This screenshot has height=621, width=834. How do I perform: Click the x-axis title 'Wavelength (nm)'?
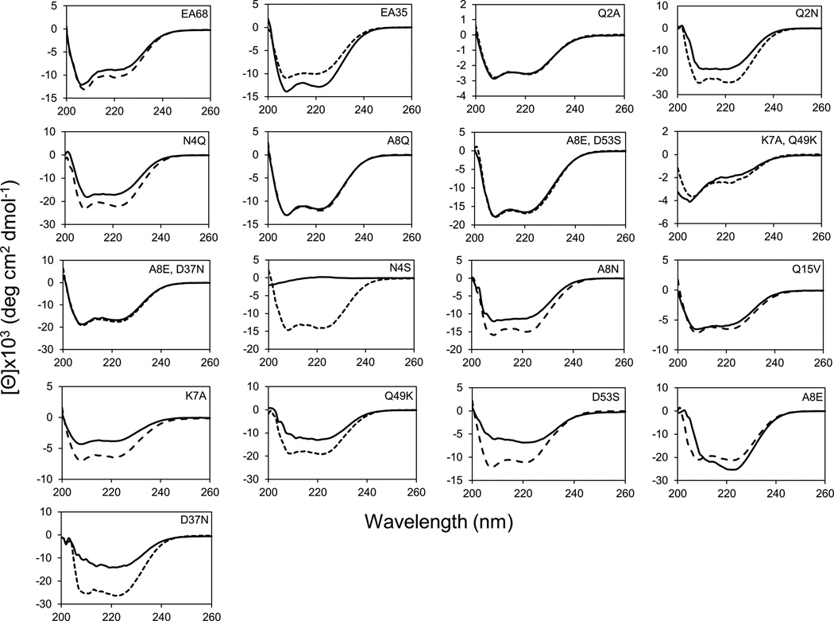tap(438, 523)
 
